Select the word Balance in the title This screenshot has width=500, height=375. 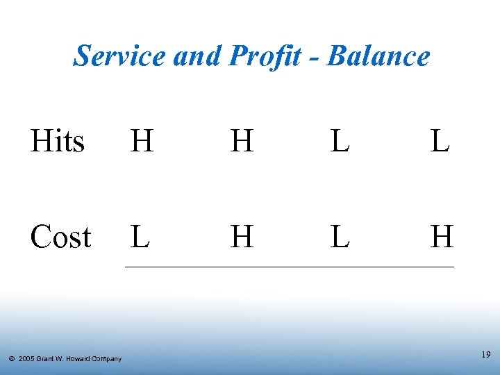click(378, 56)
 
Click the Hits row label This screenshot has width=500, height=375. click(58, 142)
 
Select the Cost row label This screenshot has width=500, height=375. click(60, 237)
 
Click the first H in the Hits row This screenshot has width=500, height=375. click(142, 142)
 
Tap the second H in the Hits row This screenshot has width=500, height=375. click(242, 142)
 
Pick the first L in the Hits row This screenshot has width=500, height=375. click(340, 142)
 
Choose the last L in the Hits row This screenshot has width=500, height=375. click(439, 142)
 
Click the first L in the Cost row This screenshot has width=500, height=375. click(140, 237)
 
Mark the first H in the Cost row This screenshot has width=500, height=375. click(242, 237)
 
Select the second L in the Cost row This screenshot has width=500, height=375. click(340, 237)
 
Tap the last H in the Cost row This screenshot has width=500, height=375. click(442, 237)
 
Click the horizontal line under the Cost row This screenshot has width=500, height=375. click(289, 267)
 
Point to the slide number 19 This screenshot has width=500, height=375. click(485, 355)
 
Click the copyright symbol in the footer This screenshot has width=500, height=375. click(12, 359)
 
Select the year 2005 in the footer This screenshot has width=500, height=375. click(27, 359)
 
